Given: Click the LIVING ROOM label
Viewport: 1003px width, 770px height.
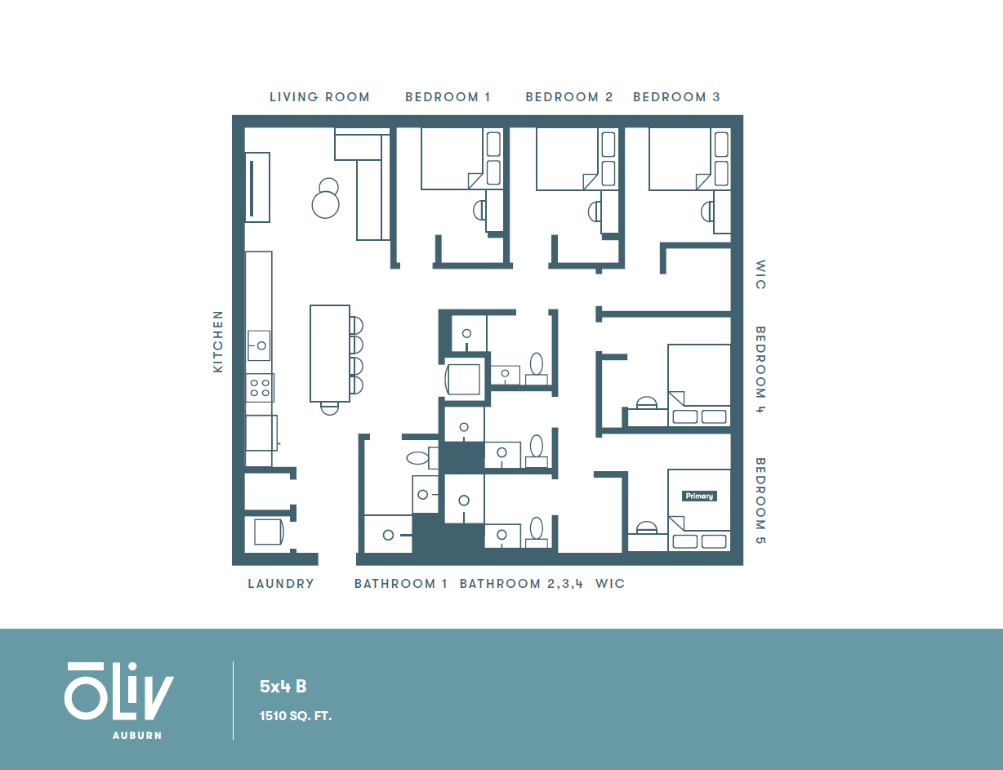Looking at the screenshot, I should [319, 97].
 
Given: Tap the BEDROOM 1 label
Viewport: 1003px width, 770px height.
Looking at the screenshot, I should [448, 97].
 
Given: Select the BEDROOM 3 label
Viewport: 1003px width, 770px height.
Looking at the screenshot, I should [676, 97].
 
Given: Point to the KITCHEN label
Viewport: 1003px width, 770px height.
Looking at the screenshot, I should [218, 341].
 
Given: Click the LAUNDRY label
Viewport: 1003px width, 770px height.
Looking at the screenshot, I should [281, 584].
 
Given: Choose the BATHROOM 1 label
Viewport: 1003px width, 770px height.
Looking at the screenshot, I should [400, 584].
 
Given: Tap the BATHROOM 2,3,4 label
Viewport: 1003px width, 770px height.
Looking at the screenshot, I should [521, 584].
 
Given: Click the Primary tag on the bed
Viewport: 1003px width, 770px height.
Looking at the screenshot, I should [699, 496].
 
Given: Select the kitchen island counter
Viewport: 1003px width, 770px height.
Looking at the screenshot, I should [330, 353].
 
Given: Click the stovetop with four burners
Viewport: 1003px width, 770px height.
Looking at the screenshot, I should [261, 388].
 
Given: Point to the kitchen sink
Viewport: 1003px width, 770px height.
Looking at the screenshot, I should [261, 345].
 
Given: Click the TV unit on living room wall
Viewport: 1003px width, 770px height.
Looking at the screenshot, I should [256, 187].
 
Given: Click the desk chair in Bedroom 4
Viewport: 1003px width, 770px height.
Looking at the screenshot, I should [646, 403].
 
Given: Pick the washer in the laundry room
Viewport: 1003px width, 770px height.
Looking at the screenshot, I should [267, 532].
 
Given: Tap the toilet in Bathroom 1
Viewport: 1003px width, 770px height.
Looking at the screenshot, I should [417, 457].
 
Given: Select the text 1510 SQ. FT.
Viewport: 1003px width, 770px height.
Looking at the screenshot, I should [296, 716].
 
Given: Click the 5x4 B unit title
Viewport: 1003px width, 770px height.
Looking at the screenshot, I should [283, 687].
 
